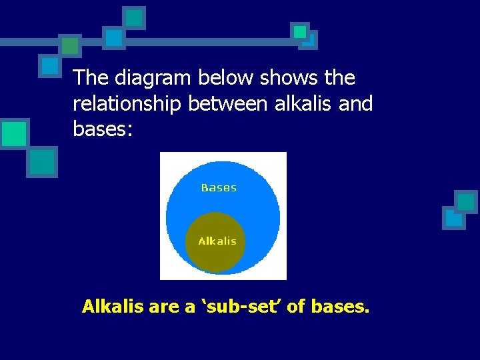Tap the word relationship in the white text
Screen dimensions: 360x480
(128, 104)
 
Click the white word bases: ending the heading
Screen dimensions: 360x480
(103, 129)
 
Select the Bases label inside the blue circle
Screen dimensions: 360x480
(219, 188)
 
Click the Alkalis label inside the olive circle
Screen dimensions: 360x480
(217, 241)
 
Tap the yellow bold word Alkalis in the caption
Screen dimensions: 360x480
(109, 307)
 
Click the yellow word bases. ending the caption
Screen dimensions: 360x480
(341, 307)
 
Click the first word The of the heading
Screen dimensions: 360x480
(91, 79)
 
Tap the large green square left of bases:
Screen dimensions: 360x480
(13, 133)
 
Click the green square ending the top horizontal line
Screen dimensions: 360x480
(300, 32)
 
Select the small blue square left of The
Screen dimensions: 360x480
(50, 65)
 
